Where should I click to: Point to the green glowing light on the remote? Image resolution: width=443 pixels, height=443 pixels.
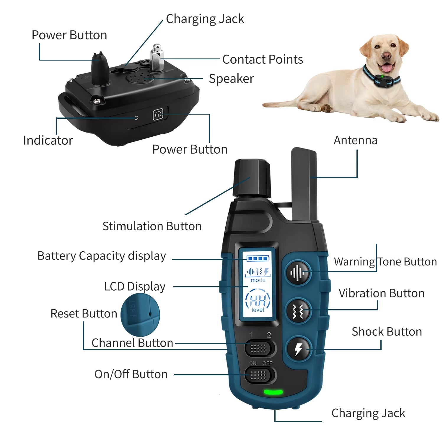click(273, 392)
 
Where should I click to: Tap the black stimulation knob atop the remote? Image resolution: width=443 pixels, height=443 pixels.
click(252, 179)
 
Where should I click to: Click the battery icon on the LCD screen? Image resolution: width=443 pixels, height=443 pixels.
click(258, 258)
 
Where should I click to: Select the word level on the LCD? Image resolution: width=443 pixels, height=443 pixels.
click(258, 310)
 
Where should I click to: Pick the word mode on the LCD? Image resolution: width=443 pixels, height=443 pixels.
click(258, 280)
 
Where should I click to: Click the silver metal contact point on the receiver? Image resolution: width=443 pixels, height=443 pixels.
click(157, 58)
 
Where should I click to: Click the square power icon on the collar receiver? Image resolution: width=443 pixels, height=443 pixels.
click(158, 115)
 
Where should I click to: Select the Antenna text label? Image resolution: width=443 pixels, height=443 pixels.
click(355, 140)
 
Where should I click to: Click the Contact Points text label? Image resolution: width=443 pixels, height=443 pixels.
click(262, 59)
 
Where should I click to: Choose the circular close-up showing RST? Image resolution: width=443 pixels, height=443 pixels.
click(140, 315)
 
